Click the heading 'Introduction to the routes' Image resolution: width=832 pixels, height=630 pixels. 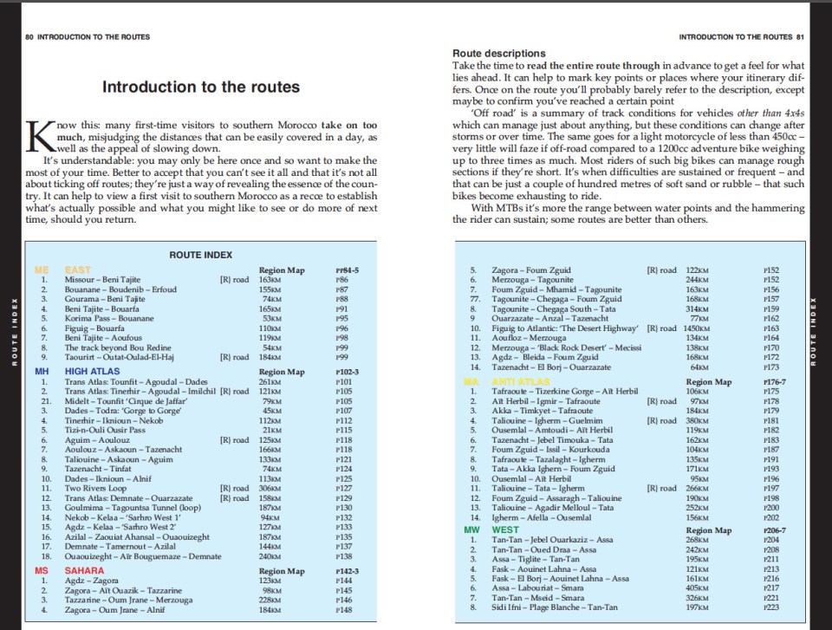pyautogui.click(x=201, y=87)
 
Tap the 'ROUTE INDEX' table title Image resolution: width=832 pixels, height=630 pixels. pyautogui.click(x=200, y=255)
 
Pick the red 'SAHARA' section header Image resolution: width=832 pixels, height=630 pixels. pyautogui.click(x=84, y=571)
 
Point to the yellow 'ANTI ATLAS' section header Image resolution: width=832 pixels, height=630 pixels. pyautogui.click(x=521, y=381)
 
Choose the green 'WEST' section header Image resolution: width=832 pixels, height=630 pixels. pyautogui.click(x=505, y=529)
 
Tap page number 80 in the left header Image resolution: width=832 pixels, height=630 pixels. pyautogui.click(x=29, y=37)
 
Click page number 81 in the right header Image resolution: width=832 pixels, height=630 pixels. pyautogui.click(x=802, y=37)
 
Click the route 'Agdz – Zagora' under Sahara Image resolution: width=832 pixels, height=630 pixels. pyautogui.click(x=90, y=581)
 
